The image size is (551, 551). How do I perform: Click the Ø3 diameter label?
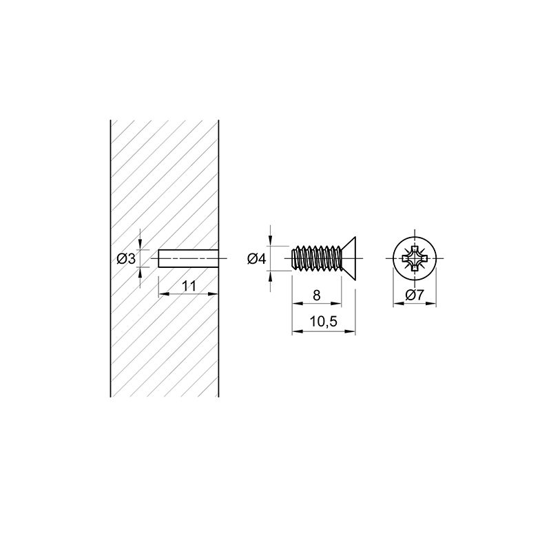pyautogui.click(x=126, y=259)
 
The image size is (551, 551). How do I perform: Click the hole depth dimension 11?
pyautogui.click(x=189, y=286)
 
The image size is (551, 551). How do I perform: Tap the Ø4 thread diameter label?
pyautogui.click(x=257, y=259)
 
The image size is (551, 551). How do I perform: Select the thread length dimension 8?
pyautogui.click(x=317, y=295)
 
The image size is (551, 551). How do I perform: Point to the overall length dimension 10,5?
pyautogui.click(x=324, y=321)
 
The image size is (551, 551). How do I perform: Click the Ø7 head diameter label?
pyautogui.click(x=415, y=295)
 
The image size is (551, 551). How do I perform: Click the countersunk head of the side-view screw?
pyautogui.click(x=349, y=259)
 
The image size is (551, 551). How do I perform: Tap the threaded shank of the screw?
pyautogui.click(x=317, y=259)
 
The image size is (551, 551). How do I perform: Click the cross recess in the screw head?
pyautogui.click(x=415, y=259)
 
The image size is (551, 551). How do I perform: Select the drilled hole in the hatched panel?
pyautogui.click(x=188, y=259)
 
